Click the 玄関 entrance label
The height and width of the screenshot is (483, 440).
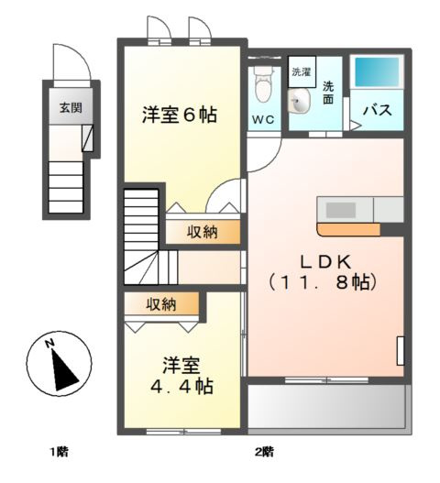pos(71,107)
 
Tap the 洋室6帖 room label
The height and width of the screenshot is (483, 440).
pos(180,115)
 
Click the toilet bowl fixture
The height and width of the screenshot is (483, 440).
pos(263,87)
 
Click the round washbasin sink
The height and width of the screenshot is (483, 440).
pos(300,103)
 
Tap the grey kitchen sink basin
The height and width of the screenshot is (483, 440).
pos(341,209)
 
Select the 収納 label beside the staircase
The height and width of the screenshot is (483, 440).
pos(203,232)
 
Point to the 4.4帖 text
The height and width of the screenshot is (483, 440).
pos(181,386)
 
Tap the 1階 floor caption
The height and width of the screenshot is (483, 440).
pos(59,451)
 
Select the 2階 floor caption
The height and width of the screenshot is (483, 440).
pos(264,451)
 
